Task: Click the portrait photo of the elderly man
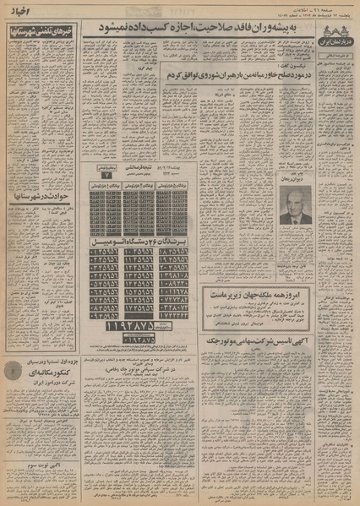click(296, 204)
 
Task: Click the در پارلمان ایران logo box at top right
click(335, 33)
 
